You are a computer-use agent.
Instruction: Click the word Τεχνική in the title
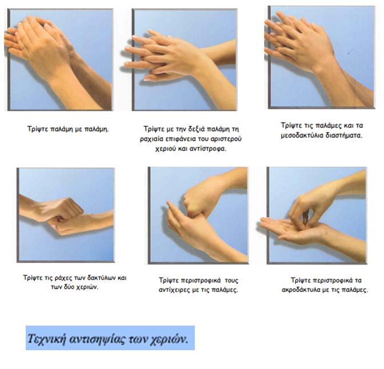point(46,339)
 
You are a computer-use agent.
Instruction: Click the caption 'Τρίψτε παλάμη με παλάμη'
point(67,129)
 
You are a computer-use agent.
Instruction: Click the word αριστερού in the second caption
point(226,139)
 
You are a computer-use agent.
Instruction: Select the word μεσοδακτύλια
point(302,135)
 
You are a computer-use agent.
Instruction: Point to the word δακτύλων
point(101,278)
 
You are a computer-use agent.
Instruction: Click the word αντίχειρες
point(175,290)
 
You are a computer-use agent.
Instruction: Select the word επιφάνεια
point(180,139)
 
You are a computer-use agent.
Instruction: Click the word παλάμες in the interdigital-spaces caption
point(328,126)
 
